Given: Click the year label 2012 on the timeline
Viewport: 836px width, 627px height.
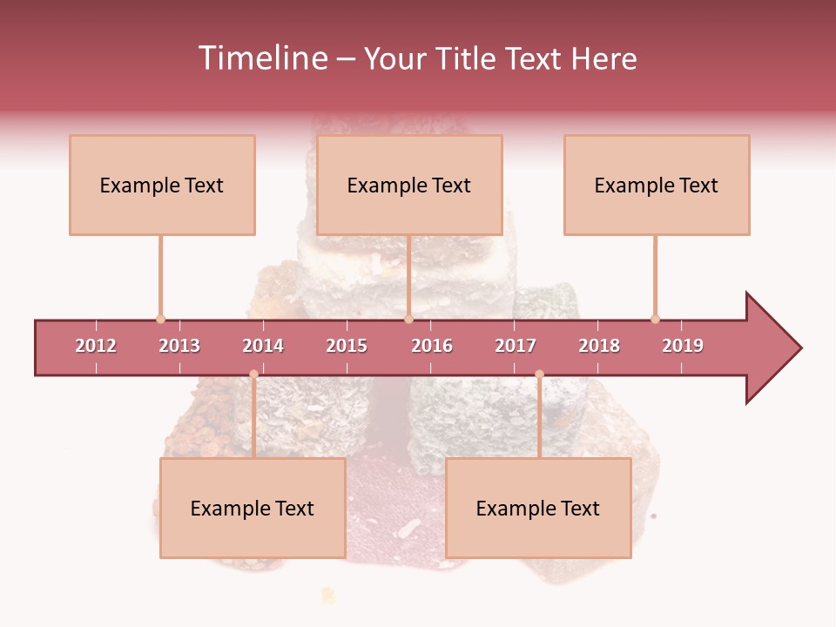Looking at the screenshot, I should tap(96, 346).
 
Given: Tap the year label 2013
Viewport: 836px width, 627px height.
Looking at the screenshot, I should tap(179, 346).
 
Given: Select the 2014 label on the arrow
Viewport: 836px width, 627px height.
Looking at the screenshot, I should tap(263, 346).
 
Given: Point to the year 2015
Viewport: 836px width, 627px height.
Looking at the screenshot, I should tap(347, 346).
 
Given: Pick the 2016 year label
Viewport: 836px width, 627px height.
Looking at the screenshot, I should tap(432, 346).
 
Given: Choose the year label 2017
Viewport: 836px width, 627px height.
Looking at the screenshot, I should tap(516, 346).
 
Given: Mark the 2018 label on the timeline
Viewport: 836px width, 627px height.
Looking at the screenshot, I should tap(599, 346).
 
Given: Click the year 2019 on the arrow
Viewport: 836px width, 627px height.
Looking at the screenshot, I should tap(683, 346).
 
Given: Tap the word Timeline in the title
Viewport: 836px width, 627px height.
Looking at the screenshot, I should tap(264, 58).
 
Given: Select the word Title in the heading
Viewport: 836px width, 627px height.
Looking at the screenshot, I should tap(468, 58).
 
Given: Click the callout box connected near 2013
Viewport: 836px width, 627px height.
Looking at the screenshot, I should tap(162, 185).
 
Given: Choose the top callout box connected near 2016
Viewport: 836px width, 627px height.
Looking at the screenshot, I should tap(409, 185).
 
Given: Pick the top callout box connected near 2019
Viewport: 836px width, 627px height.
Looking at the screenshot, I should tap(657, 185).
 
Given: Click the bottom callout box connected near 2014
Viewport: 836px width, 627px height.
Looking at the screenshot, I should tap(253, 508).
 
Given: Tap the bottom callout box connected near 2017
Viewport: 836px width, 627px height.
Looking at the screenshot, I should tap(538, 508).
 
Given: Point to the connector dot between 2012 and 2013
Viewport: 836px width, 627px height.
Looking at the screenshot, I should tap(160, 319).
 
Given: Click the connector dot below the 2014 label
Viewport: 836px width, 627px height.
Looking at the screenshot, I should tap(253, 374).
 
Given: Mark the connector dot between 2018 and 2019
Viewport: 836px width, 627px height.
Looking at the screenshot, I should tap(655, 319).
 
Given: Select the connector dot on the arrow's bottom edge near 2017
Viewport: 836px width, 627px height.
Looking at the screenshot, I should tap(539, 374).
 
